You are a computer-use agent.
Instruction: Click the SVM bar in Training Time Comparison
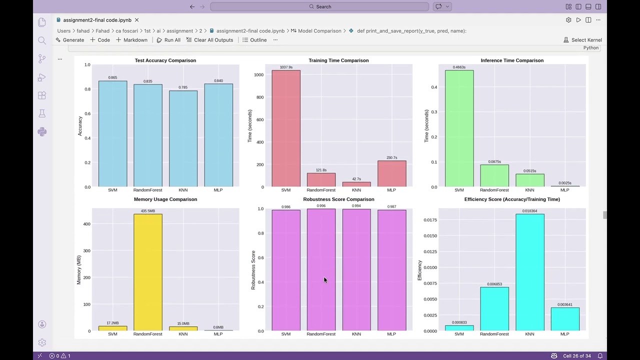[286, 128]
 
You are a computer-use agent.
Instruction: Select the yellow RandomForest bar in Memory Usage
[147, 272]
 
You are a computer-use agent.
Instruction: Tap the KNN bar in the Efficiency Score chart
[529, 272]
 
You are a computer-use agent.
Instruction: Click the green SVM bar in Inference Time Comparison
[459, 128]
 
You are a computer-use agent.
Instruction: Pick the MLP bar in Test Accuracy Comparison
[218, 135]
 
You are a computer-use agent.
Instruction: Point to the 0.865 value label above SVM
[112, 77]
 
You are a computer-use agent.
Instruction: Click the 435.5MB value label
[147, 211]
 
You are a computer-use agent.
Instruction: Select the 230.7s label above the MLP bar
[391, 157]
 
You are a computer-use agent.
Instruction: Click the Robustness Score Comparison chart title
[338, 199]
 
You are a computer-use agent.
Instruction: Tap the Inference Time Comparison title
[511, 60]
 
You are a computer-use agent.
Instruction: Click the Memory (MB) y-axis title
[79, 270]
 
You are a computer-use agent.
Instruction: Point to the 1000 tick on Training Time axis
[258, 75]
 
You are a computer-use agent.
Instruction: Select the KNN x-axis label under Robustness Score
[356, 334]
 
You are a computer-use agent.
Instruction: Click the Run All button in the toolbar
[168, 40]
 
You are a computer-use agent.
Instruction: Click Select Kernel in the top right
[582, 40]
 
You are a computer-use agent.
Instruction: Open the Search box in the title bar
[319, 6]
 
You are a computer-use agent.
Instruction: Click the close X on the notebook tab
[136, 20]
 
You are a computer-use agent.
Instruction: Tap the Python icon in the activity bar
[42, 131]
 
